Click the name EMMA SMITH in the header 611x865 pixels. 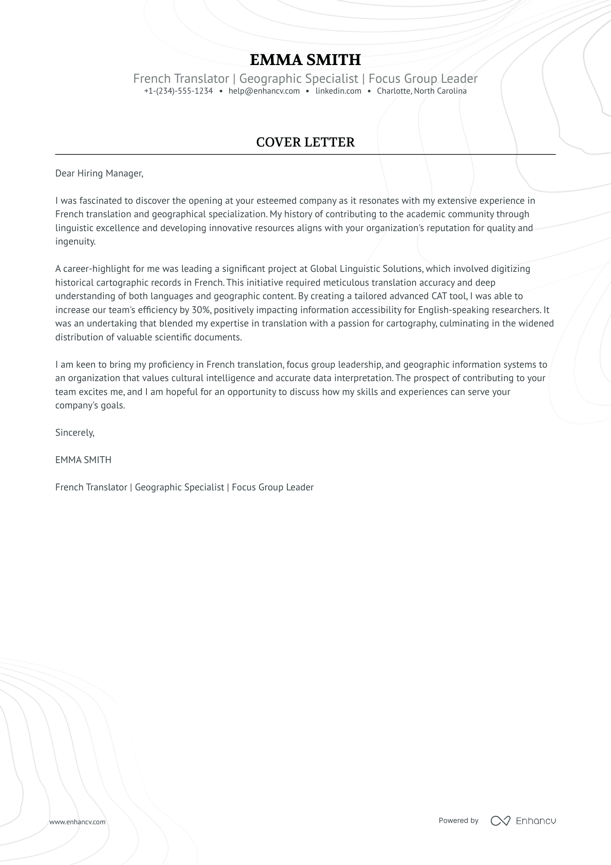(x=305, y=60)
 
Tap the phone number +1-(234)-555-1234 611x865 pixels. (x=179, y=91)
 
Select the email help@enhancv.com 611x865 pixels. (x=264, y=91)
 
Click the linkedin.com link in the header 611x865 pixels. (x=338, y=91)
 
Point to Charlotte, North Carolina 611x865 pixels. (x=421, y=91)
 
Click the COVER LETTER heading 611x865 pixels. (x=305, y=142)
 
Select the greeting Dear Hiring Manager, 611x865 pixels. (x=99, y=173)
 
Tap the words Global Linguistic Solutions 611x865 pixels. (x=366, y=269)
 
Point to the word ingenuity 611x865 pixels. (x=75, y=242)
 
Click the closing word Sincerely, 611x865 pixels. (x=75, y=433)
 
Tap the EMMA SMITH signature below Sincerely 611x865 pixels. (x=83, y=460)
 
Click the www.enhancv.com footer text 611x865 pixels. (x=77, y=822)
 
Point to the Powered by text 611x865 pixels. (x=458, y=820)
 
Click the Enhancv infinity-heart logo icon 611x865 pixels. (x=500, y=821)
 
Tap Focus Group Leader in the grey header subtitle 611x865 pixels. (x=423, y=78)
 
